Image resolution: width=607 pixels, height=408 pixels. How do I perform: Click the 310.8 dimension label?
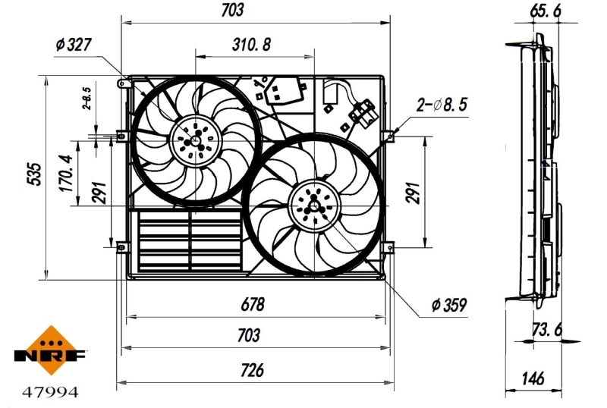[x=251, y=43]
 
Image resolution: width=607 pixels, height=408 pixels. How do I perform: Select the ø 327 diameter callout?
[x=74, y=45]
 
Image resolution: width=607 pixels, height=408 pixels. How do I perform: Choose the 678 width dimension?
[x=253, y=305]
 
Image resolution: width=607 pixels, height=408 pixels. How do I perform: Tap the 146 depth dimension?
[x=535, y=377]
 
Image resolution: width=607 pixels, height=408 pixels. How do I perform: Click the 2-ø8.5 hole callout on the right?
[x=442, y=105]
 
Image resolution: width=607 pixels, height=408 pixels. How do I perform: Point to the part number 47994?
[x=50, y=392]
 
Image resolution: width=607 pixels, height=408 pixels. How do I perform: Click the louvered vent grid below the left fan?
[x=190, y=240]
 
